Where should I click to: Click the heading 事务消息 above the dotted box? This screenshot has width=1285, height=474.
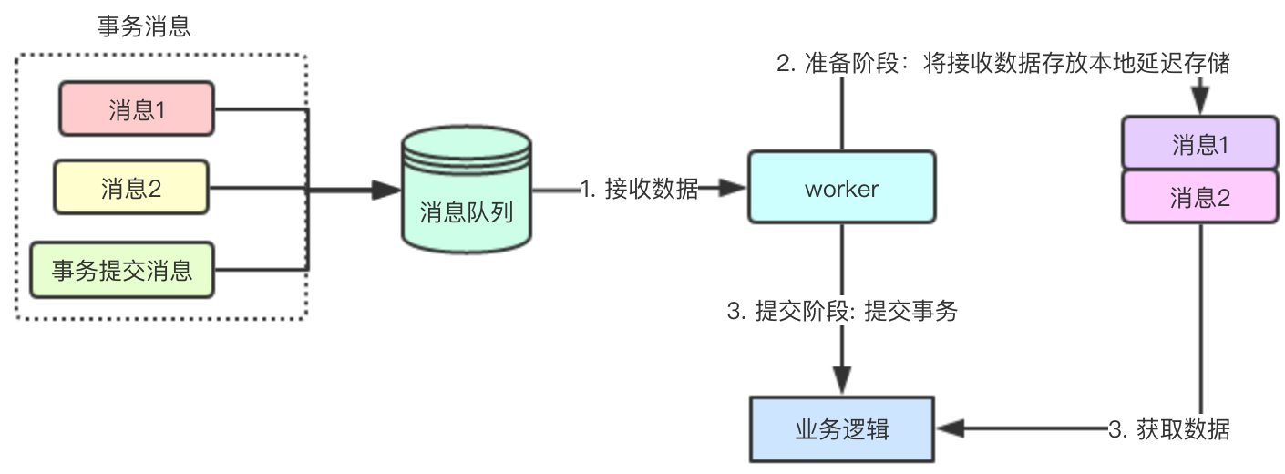pos(144,26)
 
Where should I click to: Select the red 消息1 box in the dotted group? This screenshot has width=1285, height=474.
pos(136,110)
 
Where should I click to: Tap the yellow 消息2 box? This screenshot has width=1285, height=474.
pos(131,188)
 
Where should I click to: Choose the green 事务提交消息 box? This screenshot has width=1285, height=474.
pos(122,270)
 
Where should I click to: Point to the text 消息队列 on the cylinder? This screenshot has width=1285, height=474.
pos(466,212)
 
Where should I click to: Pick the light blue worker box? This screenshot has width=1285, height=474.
pos(841,188)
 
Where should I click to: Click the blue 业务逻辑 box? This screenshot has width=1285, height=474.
pos(841,428)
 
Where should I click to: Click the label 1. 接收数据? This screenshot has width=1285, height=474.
pos(639,189)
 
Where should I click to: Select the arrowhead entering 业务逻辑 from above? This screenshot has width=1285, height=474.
pos(841,380)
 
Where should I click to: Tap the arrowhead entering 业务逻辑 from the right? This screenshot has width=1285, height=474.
pos(949,428)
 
